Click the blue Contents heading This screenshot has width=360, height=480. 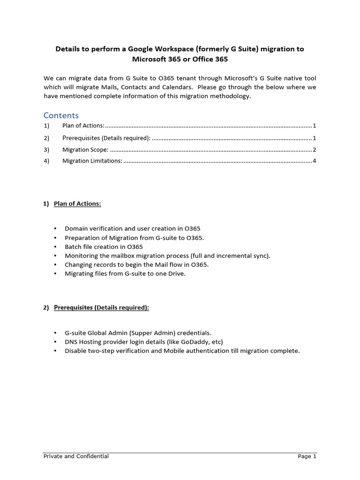61,115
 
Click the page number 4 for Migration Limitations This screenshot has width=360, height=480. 315,161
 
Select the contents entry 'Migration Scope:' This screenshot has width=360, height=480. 85,150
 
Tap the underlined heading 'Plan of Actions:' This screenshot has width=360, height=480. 77,203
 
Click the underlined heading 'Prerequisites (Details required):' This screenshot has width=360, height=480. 101,307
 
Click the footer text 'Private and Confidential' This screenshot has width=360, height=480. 76,456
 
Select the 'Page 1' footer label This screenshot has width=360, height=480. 307,456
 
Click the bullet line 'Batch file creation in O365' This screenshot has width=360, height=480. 104,247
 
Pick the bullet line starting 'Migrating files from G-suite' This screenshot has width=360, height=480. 125,274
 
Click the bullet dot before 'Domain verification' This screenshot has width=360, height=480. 55,229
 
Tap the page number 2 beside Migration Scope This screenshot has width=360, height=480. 315,150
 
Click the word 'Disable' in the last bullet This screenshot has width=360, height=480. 76,351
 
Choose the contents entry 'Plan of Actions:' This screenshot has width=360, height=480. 83,126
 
